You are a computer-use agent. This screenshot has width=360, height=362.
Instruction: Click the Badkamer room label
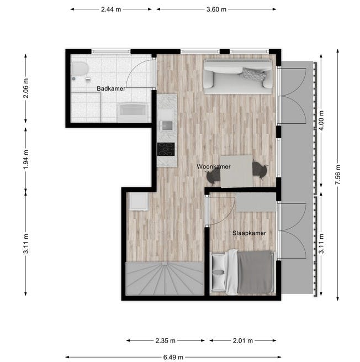(111, 88)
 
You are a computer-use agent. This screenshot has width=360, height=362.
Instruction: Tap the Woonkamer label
(214, 166)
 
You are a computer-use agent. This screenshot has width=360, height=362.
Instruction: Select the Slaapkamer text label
(248, 233)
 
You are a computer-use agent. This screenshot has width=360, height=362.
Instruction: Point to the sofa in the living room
(238, 75)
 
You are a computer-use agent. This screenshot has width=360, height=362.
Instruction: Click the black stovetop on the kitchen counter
(166, 149)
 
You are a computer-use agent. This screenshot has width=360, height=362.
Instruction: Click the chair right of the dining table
(260, 170)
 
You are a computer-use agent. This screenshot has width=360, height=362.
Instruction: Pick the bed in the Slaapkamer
(243, 272)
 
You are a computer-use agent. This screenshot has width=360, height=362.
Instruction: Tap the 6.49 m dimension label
(174, 357)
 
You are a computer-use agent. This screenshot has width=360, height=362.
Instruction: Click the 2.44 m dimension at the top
(112, 9)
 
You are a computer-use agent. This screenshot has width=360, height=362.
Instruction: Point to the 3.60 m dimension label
(216, 9)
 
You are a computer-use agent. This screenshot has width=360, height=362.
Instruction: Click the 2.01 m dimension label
(242, 340)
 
